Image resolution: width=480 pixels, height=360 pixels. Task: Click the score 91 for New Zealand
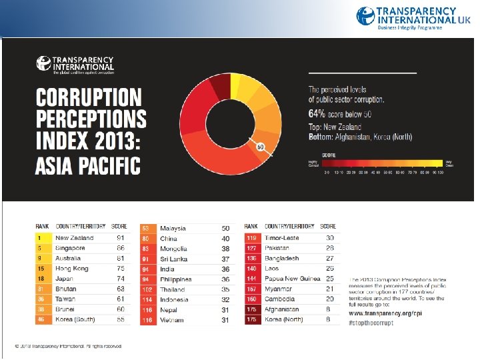click(120, 237)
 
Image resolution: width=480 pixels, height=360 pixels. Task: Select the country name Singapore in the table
click(70, 248)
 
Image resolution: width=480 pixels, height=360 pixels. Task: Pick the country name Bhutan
click(66, 289)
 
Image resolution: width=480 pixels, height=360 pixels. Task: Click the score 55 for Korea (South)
click(120, 320)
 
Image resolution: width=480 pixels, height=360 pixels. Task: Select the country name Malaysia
click(173, 228)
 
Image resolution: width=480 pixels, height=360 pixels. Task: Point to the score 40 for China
click(225, 238)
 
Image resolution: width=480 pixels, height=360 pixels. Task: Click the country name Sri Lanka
click(174, 259)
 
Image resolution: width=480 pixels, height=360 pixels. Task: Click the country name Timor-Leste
click(282, 237)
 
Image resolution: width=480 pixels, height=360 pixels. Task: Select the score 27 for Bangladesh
click(329, 258)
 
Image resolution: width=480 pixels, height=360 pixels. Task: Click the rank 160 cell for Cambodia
click(252, 299)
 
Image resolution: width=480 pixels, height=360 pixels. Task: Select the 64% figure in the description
click(317, 113)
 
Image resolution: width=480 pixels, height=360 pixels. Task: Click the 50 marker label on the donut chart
click(261, 146)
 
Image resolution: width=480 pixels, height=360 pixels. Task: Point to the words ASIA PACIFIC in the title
click(88, 165)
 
